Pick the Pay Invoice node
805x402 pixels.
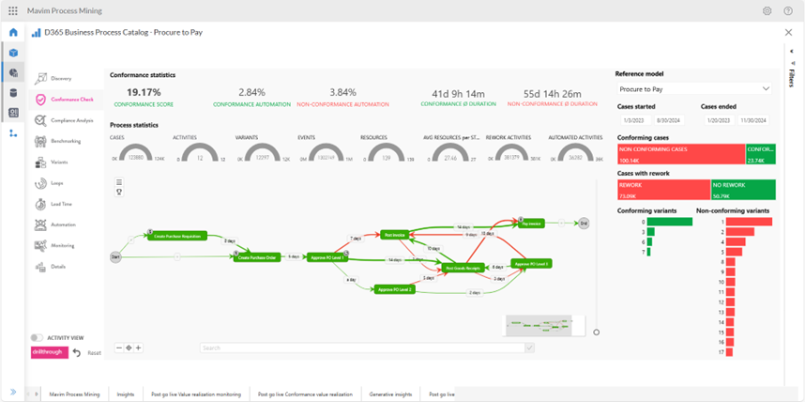530,224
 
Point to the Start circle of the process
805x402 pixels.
115,256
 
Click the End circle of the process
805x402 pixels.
583,224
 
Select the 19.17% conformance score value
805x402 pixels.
144,92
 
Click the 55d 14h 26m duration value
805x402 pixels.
552,93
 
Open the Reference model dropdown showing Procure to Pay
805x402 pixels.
693,89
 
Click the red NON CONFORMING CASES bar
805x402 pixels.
680,154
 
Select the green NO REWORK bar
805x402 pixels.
742,191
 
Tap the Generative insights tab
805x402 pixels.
389,394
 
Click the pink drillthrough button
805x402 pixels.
48,352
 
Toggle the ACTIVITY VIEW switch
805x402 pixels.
37,337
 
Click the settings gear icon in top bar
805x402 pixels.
767,10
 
